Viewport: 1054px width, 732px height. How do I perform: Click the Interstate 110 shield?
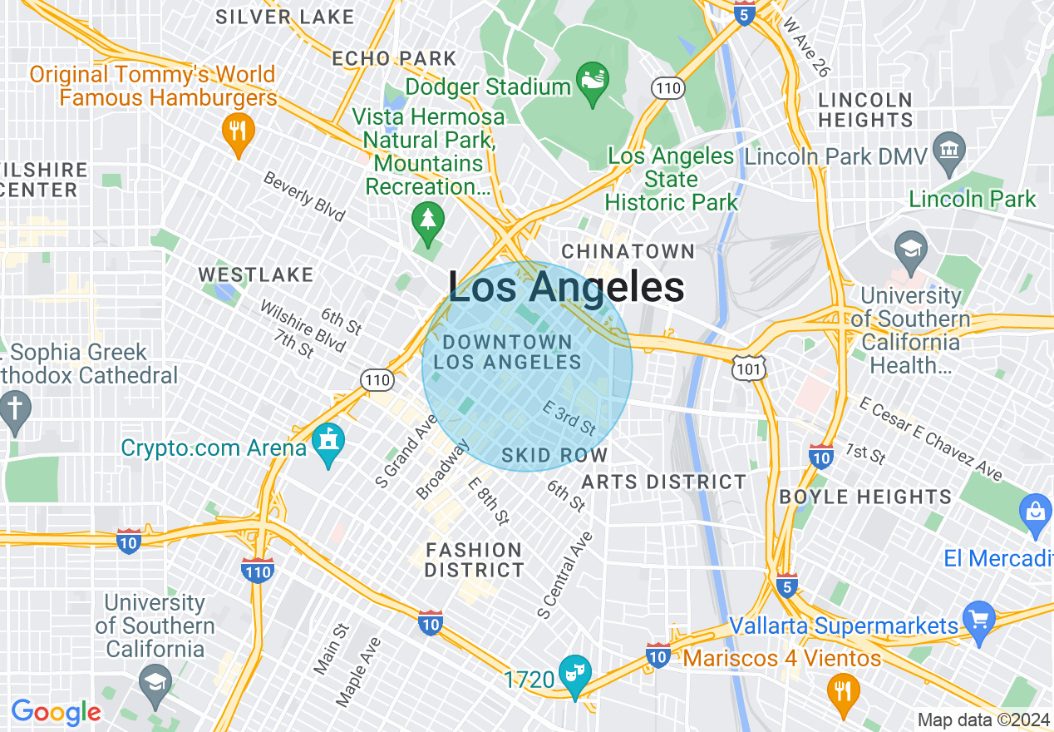coord(258,571)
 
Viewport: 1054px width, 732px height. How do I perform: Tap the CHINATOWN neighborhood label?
coord(628,251)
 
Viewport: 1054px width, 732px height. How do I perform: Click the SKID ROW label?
coord(554,456)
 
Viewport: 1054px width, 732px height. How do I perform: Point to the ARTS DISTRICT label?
coord(663,482)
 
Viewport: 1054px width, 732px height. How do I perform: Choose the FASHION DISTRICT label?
coord(474,560)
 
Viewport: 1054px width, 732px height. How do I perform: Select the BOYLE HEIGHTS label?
coord(865,497)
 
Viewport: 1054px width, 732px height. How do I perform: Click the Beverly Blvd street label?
coord(304,196)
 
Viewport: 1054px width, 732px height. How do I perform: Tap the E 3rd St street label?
coord(569,418)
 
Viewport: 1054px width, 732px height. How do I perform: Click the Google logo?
coord(56,712)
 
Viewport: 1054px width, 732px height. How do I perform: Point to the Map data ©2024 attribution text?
coord(983,720)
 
